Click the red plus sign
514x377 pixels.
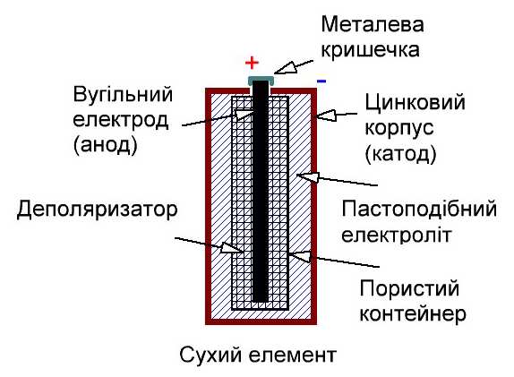tap(253, 63)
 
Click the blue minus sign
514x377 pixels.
tap(321, 81)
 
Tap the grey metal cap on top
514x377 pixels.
tap(261, 81)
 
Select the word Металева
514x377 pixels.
tap(373, 24)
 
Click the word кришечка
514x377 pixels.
tap(371, 50)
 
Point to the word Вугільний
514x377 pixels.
tap(123, 94)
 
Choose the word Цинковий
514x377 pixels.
tap(415, 103)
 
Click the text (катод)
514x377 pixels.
tap(400, 153)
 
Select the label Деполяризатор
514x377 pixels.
tap(98, 210)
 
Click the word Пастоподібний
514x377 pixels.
tap(419, 209)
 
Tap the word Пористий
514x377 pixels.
tap(409, 288)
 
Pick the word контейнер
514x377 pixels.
tap(413, 313)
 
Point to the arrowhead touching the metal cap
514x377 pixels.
tap(285, 68)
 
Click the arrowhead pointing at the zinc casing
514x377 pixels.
tap(326, 115)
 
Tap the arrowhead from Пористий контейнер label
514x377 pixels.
tap(300, 256)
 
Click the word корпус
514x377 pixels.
tap(399, 129)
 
